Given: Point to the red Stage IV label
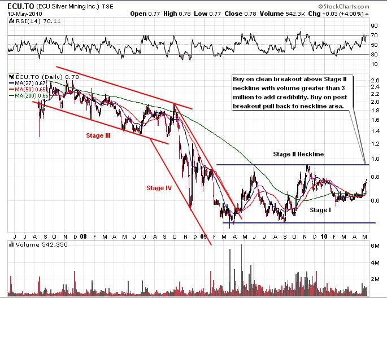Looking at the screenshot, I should pos(159,188).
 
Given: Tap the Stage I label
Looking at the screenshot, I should pos(320,210).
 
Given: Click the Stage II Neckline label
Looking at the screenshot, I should pos(298,153).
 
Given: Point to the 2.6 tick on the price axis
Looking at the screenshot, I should pos(374,80).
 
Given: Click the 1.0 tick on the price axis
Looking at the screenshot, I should pos(374,159).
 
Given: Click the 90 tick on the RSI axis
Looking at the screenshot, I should pos(374,26).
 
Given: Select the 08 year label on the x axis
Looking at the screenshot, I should pos(83,237).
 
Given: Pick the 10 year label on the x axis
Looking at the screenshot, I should pos(324,237).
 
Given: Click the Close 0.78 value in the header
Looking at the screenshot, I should pos(237,14).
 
